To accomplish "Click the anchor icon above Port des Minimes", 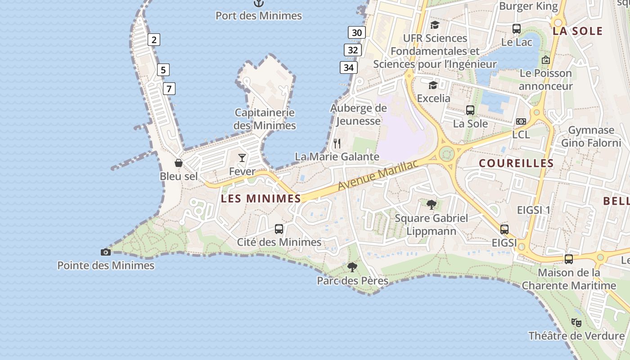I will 258,4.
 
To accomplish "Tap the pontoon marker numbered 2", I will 154,40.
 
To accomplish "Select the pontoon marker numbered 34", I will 348,67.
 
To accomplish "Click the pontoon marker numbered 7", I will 169,89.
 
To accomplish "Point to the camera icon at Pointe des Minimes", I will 106,252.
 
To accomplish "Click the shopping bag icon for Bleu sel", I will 179,162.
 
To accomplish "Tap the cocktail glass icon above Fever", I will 242,157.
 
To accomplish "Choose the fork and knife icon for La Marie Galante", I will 337,144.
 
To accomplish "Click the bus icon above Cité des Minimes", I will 279,229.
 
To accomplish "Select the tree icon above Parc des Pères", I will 352,267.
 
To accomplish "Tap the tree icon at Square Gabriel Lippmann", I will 432,205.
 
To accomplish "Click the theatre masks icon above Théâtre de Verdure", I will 576,322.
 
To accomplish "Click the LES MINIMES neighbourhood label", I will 261,198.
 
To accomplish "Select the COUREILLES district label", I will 516,163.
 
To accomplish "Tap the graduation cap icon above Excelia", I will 433,85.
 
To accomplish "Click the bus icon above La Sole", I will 470,110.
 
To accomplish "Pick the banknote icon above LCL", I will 521,121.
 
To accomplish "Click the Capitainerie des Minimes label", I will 265,119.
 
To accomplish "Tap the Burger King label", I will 528,6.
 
